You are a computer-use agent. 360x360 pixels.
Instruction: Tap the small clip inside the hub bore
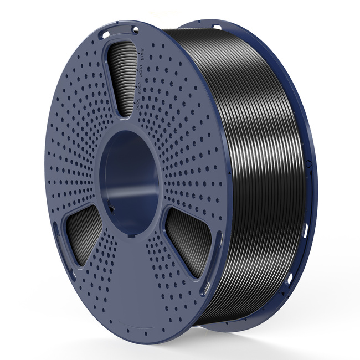click(x=112, y=210)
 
